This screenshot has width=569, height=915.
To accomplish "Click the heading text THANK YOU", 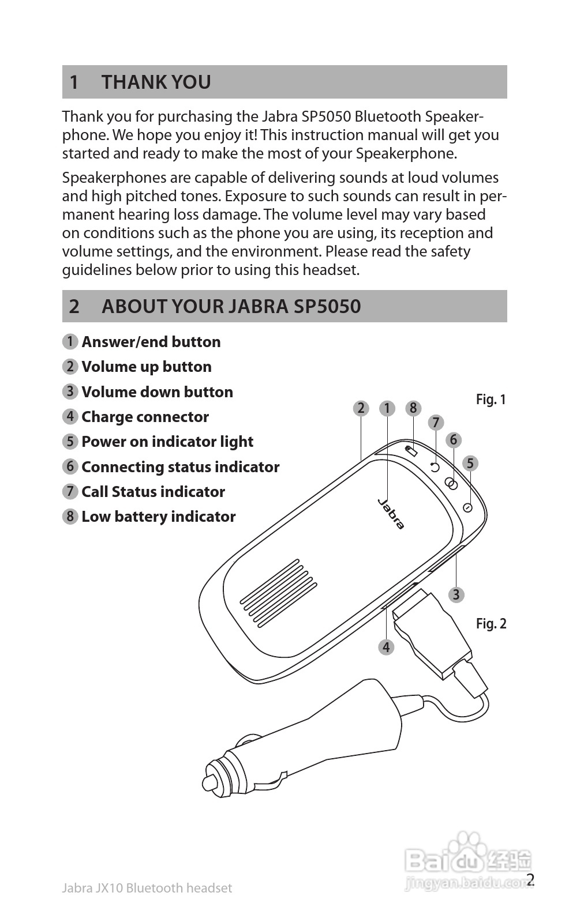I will tap(156, 82).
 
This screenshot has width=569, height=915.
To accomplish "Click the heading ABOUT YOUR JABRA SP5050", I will tap(231, 306).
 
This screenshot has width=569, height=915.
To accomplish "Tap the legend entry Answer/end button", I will tap(151, 342).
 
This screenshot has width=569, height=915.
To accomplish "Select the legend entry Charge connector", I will tap(145, 417).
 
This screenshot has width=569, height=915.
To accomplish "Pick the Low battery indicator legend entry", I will tap(158, 517).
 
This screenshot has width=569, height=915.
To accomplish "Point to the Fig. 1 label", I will tap(491, 400).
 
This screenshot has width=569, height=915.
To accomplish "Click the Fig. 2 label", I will tap(491, 624).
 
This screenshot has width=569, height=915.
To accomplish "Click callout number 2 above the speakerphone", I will tap(361, 408).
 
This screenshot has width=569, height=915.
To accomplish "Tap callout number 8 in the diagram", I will tap(413, 408).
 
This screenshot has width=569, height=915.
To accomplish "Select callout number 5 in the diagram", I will tap(470, 463).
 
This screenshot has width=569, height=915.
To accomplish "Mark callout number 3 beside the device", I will tap(456, 594).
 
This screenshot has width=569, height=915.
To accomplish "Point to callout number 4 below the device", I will tap(386, 647).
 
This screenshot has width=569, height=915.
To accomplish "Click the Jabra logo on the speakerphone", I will tap(391, 513).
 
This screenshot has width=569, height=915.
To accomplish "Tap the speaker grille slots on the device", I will tap(278, 593).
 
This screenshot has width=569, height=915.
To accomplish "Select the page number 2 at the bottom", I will tap(531, 879).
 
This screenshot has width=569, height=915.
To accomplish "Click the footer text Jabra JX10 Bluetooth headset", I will tap(147, 888).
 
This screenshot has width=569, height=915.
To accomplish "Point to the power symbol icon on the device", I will tap(468, 507).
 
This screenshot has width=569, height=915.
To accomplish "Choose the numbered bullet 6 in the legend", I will tap(70, 466).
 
